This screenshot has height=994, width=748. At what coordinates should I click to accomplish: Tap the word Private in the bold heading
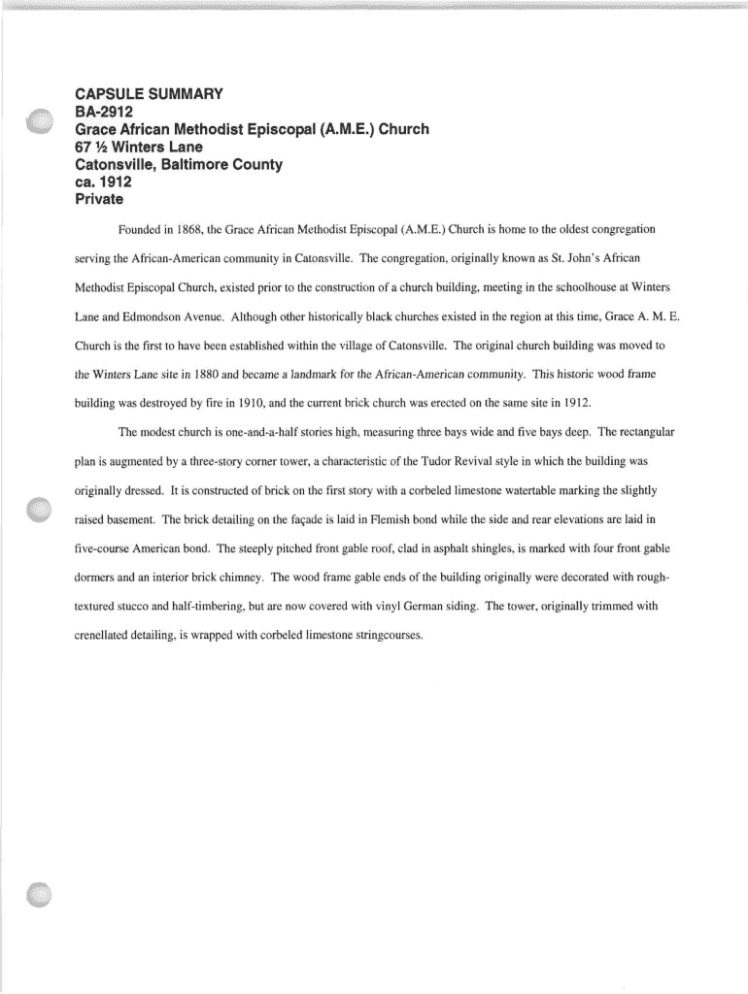pos(99,200)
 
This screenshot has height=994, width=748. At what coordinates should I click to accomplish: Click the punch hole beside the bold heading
pos(40,123)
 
